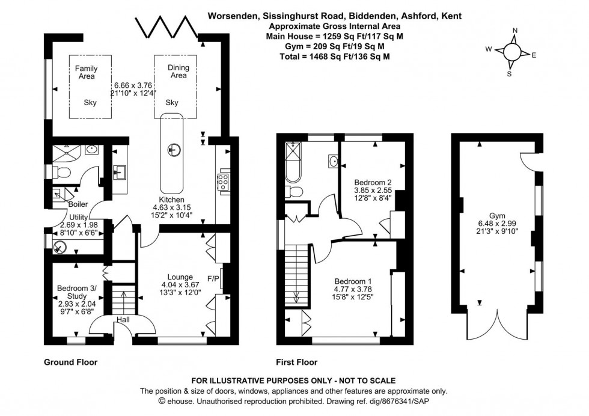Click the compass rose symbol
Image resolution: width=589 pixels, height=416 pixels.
point(511,52)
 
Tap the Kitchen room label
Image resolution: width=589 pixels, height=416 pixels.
point(171,200)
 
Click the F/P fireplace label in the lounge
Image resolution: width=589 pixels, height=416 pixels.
point(213,279)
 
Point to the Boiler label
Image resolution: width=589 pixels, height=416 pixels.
point(78,204)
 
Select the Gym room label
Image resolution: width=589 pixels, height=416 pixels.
point(496,215)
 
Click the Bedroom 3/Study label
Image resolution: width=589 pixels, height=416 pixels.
point(76,292)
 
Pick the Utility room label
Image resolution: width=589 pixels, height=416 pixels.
point(79,216)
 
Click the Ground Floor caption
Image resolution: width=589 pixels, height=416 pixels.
point(70,362)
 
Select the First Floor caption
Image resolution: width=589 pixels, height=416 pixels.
point(297,362)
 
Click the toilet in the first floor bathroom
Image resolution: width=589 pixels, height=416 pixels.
point(294,191)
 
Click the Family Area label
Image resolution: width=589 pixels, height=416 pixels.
point(86,73)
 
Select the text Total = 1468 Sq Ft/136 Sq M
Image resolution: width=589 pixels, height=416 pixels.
point(335,57)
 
